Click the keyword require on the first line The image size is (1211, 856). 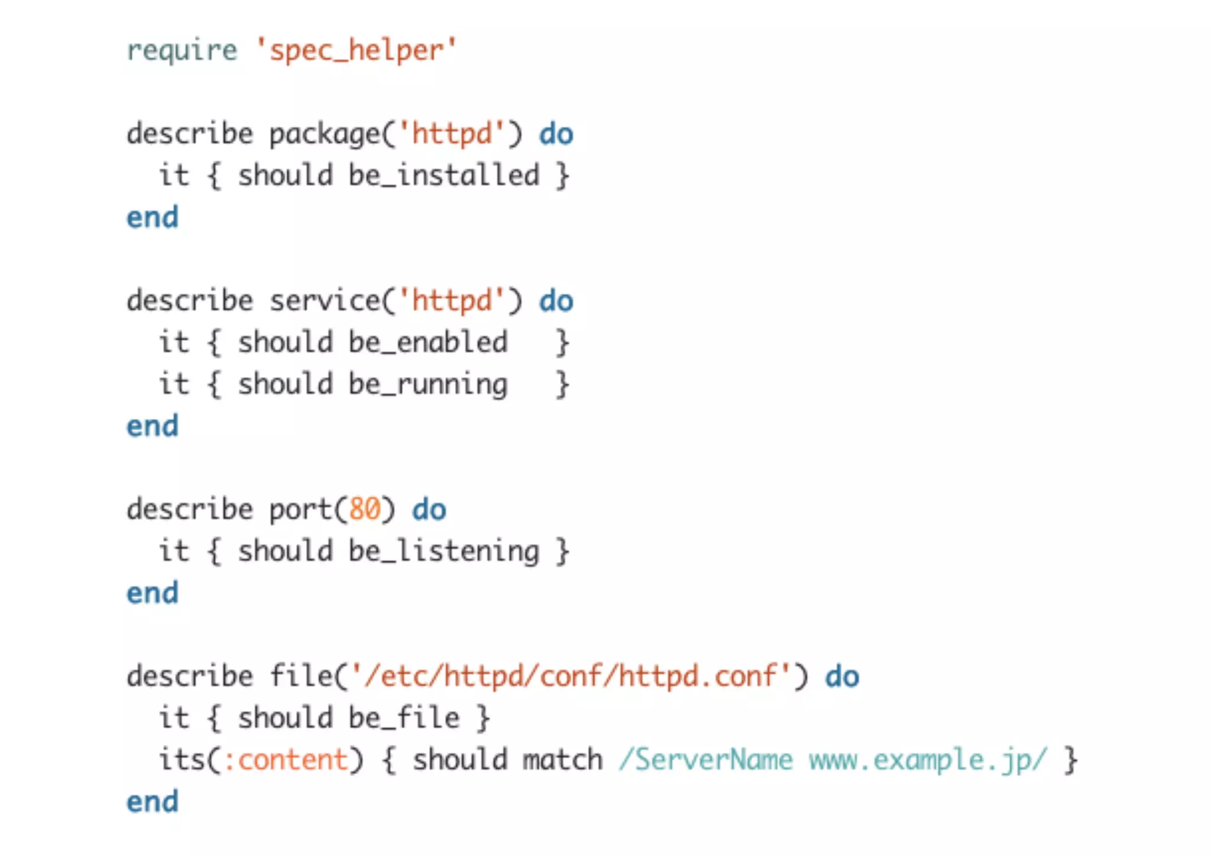182,51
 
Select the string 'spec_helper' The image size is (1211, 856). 356,51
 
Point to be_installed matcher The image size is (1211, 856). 443,176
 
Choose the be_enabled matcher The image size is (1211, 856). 428,343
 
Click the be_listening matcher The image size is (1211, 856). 443,552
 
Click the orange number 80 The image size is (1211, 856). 364,510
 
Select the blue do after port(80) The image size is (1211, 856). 429,510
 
